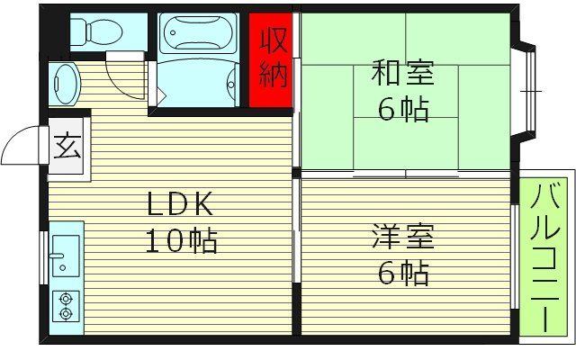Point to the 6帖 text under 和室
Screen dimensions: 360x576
[402, 109]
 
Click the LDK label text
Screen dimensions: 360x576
[181, 206]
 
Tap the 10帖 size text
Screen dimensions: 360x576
[181, 240]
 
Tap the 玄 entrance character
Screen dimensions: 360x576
[67, 145]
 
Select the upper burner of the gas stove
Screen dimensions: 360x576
[65, 298]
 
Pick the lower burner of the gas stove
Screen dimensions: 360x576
[65, 314]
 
